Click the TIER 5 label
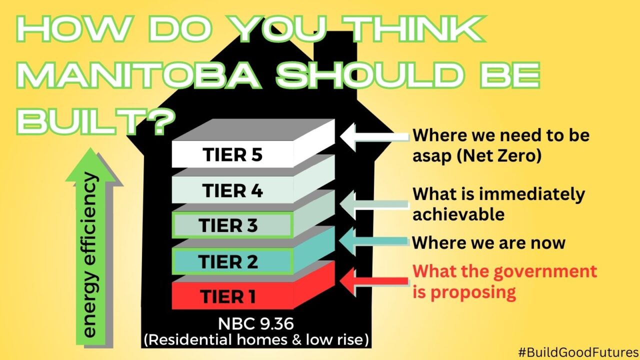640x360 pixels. [x=233, y=155]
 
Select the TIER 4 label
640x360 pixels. [x=232, y=190]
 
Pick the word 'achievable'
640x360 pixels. [x=458, y=214]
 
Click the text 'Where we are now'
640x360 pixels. [x=488, y=243]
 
